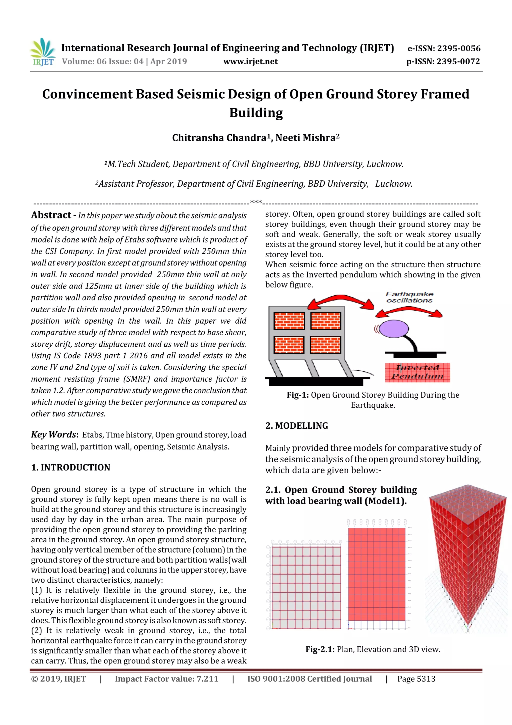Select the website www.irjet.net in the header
point(250,62)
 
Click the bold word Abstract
point(51,215)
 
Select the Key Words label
point(54,434)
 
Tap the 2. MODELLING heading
point(296,426)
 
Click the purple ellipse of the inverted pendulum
point(393,328)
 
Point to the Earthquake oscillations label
point(409,297)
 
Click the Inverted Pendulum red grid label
point(417,372)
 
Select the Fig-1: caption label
point(297,395)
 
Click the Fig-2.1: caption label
point(319,649)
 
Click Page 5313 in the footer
point(416,679)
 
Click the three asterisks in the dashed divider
point(255,202)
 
